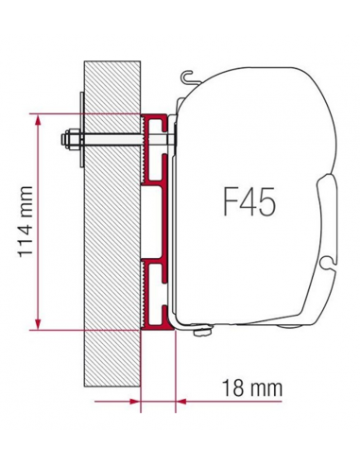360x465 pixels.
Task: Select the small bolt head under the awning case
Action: pos(200,331)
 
